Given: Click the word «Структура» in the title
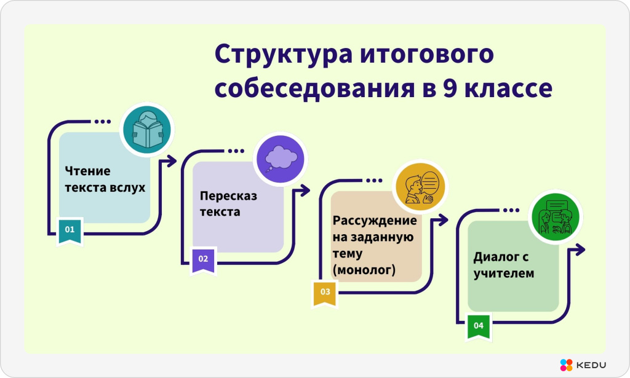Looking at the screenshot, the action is pos(284,55).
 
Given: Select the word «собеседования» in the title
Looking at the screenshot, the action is pos(315,89).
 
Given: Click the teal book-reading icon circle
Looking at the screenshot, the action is pos(147,130).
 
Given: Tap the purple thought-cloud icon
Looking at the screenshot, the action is pos(281,159).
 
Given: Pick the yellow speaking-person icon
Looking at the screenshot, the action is pos(420,187).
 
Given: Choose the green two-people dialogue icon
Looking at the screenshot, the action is pos(556,217).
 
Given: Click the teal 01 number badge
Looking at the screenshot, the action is pos(70,230).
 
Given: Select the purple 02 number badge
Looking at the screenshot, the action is pos(203,261).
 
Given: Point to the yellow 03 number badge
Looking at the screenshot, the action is pos(325,293).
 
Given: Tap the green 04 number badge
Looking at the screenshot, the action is pos(479,326).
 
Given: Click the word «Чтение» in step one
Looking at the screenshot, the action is pos(87,171).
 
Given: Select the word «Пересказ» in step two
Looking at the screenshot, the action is pos(228,196).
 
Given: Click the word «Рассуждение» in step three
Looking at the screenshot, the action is pos(375,221).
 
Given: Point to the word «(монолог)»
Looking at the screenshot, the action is pos(364,270).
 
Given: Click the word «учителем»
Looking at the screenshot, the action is pos(504,274).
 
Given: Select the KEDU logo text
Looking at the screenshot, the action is pos(591,365).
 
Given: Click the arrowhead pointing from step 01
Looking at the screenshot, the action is pos(172,161).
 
